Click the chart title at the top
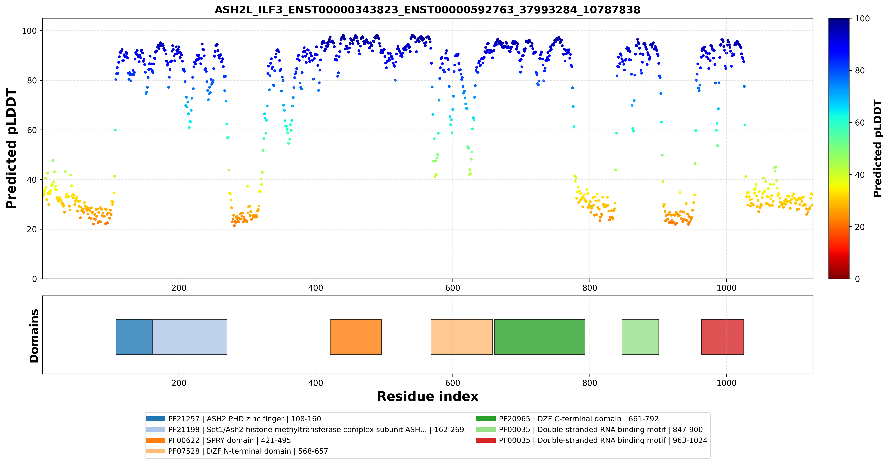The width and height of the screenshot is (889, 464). [x=427, y=10]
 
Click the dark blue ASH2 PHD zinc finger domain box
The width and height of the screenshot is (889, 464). [x=134, y=337]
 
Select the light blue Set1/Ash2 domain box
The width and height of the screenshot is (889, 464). [x=190, y=337]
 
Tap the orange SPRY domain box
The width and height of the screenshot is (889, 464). [x=356, y=337]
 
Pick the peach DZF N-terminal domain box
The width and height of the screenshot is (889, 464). [x=462, y=337]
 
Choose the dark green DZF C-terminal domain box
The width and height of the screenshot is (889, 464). [x=540, y=337]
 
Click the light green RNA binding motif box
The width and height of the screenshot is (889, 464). [x=640, y=337]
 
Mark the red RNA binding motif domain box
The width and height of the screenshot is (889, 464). [x=722, y=337]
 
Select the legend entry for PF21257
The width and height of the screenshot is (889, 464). [x=233, y=419]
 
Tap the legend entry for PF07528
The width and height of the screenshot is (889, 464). [x=237, y=451]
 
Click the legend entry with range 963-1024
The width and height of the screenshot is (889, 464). [x=591, y=440]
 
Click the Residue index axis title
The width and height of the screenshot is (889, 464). [x=428, y=396]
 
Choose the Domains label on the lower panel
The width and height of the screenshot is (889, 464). [x=34, y=336]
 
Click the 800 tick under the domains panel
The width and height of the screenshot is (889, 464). [x=590, y=383]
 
